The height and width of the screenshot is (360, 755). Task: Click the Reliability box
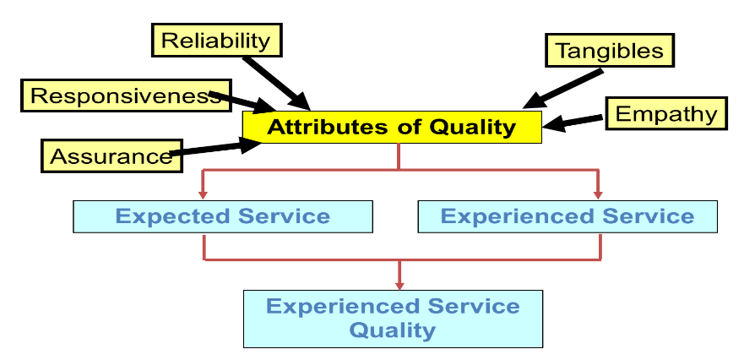[216, 40]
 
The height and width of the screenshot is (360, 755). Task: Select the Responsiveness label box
[118, 95]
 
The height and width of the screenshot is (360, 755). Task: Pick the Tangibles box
[610, 51]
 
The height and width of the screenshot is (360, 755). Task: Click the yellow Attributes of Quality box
[391, 128]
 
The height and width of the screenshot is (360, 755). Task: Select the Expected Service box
[222, 216]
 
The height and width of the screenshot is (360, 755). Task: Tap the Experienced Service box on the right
[568, 216]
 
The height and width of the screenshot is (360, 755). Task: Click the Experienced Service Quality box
[393, 318]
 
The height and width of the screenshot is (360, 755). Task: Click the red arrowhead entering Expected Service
[203, 194]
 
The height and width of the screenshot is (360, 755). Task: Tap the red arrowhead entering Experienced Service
[599, 194]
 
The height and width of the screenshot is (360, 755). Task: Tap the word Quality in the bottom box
[393, 330]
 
